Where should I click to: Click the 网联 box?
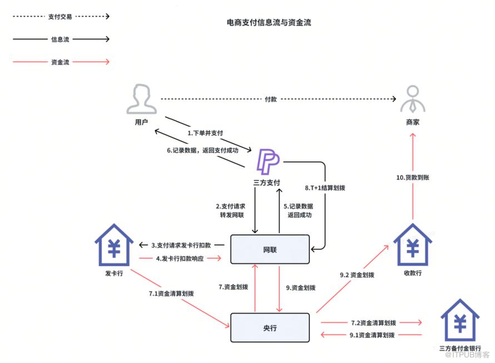tap(270, 249)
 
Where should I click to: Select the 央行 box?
tap(270, 327)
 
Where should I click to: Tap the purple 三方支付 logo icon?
tap(268, 161)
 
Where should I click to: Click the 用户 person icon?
tap(141, 99)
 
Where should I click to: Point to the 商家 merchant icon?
tap(413, 99)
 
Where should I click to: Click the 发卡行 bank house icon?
tap(114, 244)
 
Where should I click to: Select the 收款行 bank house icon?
tap(413, 244)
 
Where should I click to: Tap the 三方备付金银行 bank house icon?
tap(460, 320)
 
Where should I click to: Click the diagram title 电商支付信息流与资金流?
tap(269, 22)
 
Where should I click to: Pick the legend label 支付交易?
tap(60, 17)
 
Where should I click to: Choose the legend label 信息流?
tap(60, 40)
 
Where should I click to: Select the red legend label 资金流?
tap(60, 62)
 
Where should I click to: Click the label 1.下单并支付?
tap(205, 133)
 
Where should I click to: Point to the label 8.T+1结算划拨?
tap(325, 188)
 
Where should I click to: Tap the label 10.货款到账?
tap(413, 178)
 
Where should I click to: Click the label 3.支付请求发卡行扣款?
tap(181, 245)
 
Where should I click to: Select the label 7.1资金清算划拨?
tap(171, 293)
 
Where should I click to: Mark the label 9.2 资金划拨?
tap(357, 275)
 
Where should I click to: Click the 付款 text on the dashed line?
tap(271, 99)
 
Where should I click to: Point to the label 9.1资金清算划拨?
tap(372, 335)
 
